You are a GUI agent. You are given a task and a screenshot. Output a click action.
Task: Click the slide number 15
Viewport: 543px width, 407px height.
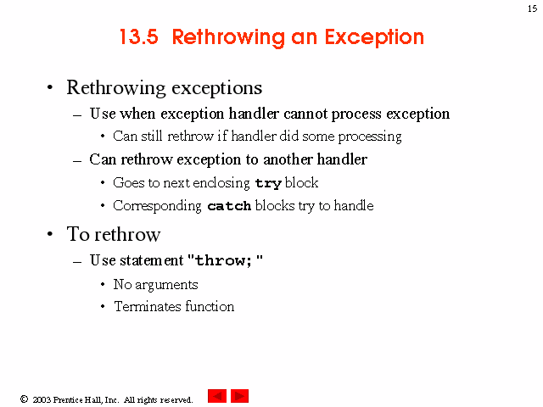532,8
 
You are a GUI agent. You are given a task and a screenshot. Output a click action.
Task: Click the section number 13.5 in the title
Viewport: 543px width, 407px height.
139,36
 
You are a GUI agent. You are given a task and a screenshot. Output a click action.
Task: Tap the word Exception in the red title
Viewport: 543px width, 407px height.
374,37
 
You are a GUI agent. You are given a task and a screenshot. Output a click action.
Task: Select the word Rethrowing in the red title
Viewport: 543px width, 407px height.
228,37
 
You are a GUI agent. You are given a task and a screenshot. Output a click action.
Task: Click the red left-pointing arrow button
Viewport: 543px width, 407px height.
217,396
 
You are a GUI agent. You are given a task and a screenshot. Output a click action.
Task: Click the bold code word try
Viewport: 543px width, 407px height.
268,183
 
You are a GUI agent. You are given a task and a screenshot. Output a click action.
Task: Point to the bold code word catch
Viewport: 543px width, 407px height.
229,206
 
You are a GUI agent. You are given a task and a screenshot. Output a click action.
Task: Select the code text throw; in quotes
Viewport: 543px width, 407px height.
223,260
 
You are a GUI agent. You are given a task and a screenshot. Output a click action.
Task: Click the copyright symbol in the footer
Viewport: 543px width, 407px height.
24,399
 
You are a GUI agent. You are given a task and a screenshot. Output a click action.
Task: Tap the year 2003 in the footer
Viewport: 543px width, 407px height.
42,399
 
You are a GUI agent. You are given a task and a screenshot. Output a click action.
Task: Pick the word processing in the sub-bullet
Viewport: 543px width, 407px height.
370,137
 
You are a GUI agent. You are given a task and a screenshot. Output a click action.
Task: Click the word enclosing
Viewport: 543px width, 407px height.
221,183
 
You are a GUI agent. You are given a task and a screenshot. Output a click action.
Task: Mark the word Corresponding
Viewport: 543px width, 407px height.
157,206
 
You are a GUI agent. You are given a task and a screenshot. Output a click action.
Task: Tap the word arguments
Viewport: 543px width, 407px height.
166,285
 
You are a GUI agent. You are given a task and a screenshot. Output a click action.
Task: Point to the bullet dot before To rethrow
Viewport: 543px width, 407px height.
50,234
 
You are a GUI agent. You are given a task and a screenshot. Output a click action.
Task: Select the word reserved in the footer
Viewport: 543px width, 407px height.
176,399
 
